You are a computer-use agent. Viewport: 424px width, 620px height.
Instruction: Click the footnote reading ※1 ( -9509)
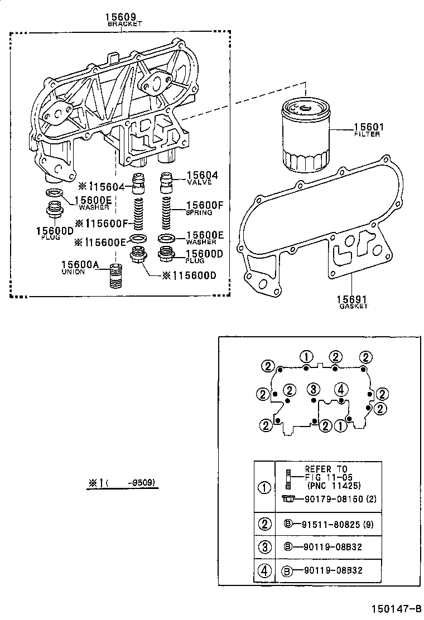122,483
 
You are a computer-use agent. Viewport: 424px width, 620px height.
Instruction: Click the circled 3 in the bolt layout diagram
314,389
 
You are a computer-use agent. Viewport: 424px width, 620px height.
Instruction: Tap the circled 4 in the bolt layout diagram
341,389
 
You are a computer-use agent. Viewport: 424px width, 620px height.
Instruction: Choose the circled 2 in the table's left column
264,524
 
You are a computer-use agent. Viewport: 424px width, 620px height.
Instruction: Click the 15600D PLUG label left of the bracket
55,232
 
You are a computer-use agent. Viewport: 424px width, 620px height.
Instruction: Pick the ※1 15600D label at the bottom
189,275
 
